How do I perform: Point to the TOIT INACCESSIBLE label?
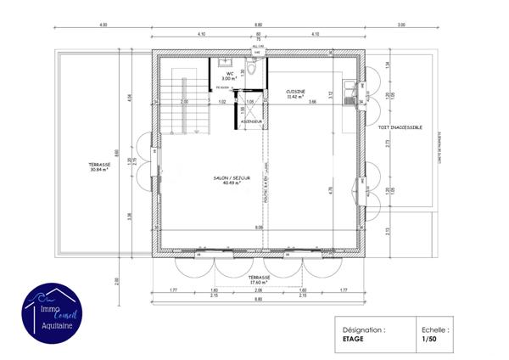(394, 127)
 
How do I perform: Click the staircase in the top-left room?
(181, 101)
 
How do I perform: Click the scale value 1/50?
(429, 340)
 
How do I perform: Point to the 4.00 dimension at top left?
(103, 25)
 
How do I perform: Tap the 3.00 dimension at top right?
(400, 25)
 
